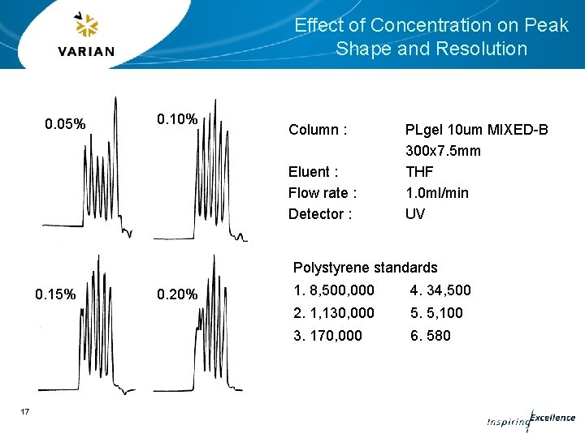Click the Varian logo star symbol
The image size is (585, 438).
click(x=85, y=26)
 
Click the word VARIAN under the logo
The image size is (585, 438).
click(x=86, y=52)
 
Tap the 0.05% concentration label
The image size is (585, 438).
click(x=65, y=124)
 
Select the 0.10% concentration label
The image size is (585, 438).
click(x=176, y=119)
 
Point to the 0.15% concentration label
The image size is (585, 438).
click(x=55, y=294)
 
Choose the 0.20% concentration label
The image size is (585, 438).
click(x=177, y=294)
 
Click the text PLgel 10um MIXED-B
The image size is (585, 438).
click(x=476, y=130)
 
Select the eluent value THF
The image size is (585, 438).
click(x=419, y=172)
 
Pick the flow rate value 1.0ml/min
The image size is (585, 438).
click(x=436, y=193)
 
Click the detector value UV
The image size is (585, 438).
click(x=414, y=214)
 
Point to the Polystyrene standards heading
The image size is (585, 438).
click(x=365, y=268)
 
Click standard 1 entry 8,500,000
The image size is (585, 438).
click(x=334, y=290)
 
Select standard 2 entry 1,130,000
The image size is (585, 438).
click(x=334, y=313)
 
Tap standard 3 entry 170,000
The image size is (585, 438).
click(x=327, y=336)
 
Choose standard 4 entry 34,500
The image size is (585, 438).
click(x=440, y=290)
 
